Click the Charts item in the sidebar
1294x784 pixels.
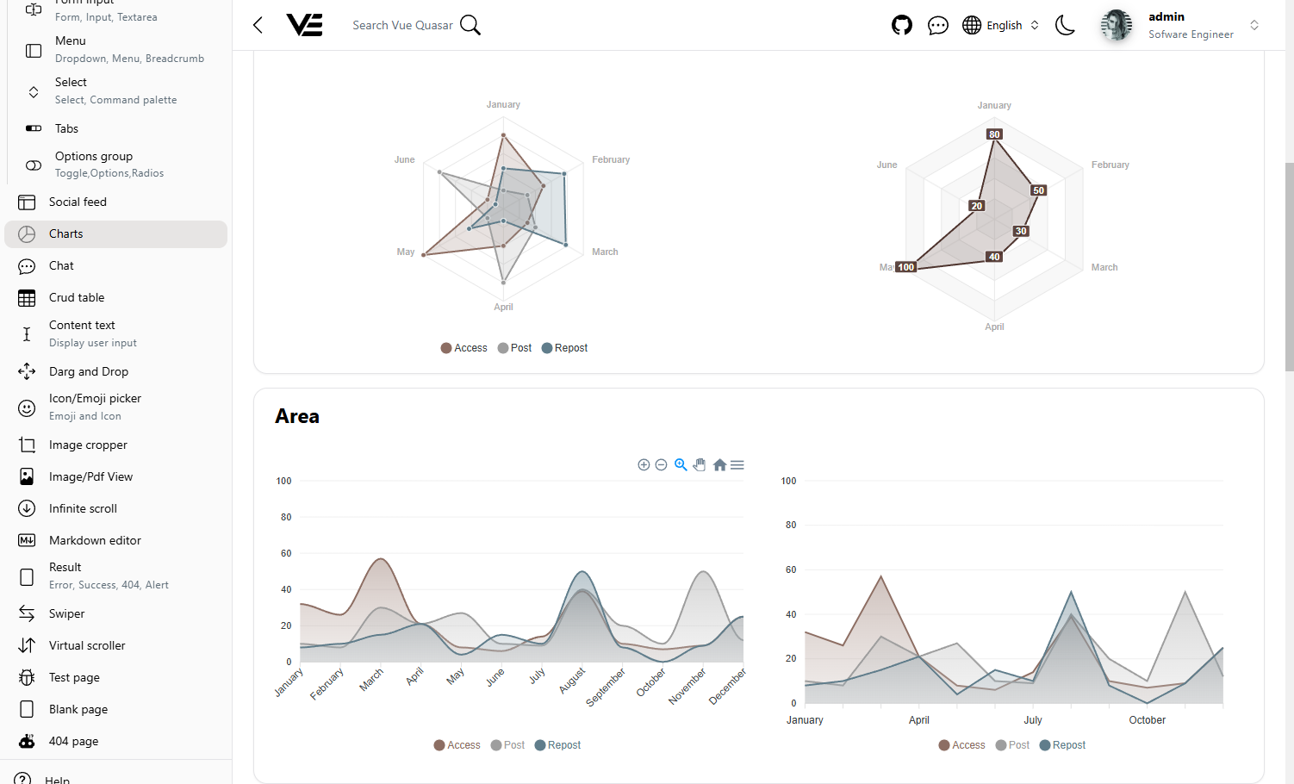click(65, 233)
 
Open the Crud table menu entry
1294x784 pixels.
click(76, 297)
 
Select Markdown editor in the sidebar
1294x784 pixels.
click(95, 540)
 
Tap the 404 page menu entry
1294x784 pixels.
click(73, 741)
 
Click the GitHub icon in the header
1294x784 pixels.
click(901, 25)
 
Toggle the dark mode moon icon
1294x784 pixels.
click(1065, 25)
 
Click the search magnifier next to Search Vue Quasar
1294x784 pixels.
click(470, 25)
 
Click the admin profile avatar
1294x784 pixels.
click(1116, 25)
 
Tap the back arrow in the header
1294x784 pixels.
click(258, 25)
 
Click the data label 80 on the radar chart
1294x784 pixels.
click(994, 134)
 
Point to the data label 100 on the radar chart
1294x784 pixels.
click(905, 267)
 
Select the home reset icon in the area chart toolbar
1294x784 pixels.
click(719, 465)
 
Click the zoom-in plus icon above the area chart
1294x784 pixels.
click(644, 465)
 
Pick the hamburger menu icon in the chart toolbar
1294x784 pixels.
click(737, 465)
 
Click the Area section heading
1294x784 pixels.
click(297, 416)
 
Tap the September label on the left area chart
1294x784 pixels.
click(606, 687)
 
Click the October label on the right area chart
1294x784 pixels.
click(1147, 720)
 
